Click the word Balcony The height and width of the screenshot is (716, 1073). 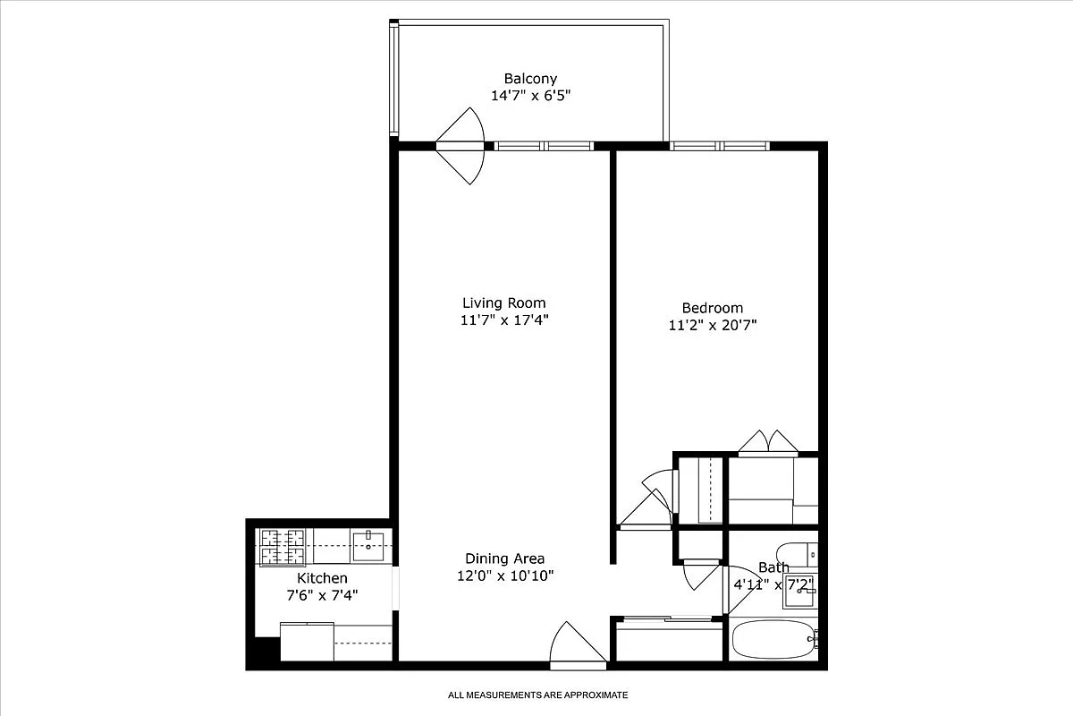(530, 79)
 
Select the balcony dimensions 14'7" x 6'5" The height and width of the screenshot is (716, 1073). (530, 95)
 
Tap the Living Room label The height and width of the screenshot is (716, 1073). (503, 303)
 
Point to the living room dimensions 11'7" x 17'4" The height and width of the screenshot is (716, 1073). (503, 320)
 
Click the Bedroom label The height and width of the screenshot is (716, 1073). (712, 308)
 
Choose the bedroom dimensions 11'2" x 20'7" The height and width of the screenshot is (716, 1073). (712, 325)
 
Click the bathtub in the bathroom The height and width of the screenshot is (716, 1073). (773, 639)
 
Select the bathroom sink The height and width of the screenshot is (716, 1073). (798, 596)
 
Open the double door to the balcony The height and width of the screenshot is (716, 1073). (461, 145)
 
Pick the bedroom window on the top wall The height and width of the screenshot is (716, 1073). (720, 145)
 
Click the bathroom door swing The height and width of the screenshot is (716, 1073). (737, 591)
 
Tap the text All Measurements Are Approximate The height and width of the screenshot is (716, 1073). (537, 695)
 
